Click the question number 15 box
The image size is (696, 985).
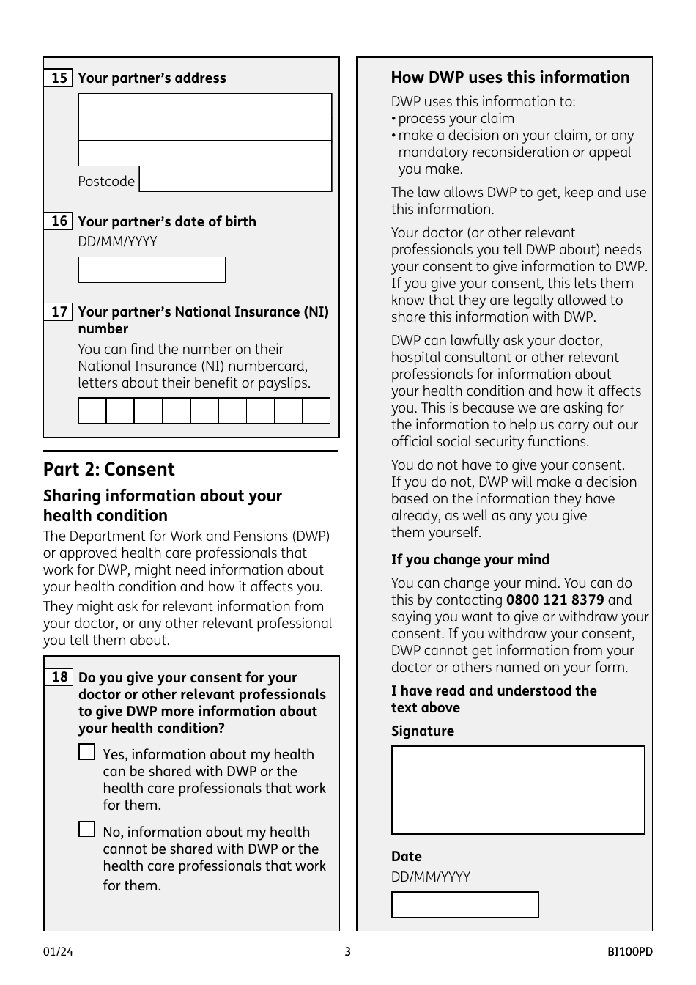(59, 78)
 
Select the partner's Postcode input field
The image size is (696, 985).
(235, 180)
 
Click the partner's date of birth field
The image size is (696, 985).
(152, 270)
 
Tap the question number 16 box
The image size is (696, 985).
(59, 221)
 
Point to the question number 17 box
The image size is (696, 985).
(59, 312)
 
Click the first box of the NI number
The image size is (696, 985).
(92, 410)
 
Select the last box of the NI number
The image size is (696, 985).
(316, 410)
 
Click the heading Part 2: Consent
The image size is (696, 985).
(109, 470)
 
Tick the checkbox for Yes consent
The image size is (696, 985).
(87, 752)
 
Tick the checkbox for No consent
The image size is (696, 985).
(87, 829)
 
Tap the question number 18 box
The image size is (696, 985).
(59, 677)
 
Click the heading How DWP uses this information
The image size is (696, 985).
(510, 78)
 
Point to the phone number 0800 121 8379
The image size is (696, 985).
(555, 600)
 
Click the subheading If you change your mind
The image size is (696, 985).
(470, 560)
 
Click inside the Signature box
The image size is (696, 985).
(518, 790)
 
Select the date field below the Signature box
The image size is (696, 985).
(464, 905)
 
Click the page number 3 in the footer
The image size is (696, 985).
(348, 952)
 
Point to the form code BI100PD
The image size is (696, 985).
(629, 952)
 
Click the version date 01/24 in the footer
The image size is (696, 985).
(58, 952)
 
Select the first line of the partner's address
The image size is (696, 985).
(205, 106)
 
